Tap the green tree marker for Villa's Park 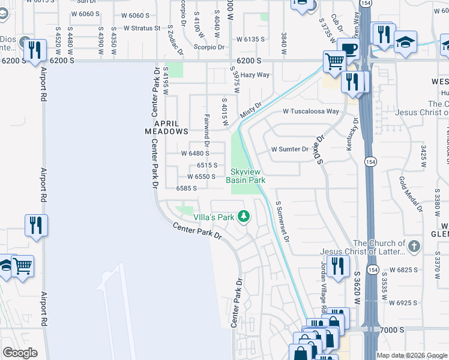(244, 215)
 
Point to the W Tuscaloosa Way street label (311, 112)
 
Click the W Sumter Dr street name (289, 149)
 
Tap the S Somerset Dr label (283, 221)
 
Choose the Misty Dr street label (251, 110)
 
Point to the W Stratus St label (142, 28)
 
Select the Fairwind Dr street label (206, 131)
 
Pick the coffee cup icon (348, 49)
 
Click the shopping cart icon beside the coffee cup (334, 61)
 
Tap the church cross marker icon (414, 245)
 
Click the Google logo (20, 353)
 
